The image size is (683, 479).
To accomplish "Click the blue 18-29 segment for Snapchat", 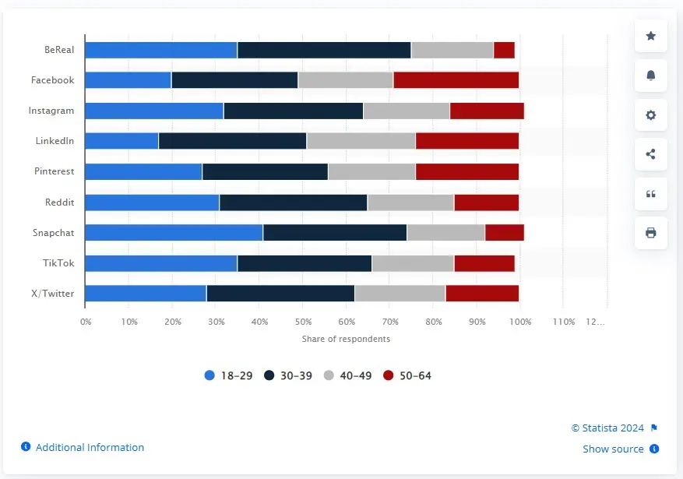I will pyautogui.click(x=174, y=232).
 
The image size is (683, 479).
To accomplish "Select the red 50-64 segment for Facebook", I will pyautogui.click(x=456, y=79).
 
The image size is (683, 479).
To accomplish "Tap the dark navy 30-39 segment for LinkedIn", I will pyautogui.click(x=232, y=140).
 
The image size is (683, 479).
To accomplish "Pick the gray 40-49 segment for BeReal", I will pyautogui.click(x=452, y=49).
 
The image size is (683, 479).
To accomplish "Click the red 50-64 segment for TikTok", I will pyautogui.click(x=484, y=262).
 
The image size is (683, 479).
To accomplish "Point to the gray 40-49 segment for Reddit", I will pyautogui.click(x=410, y=202).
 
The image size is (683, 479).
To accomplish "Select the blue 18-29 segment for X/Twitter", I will pyautogui.click(x=146, y=293).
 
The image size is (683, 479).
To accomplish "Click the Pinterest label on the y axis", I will pyautogui.click(x=54, y=171).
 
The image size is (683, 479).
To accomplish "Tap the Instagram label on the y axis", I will pyautogui.click(x=51, y=111).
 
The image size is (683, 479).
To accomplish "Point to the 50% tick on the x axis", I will pyautogui.click(x=303, y=322).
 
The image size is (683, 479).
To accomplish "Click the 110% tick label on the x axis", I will pyautogui.click(x=564, y=322).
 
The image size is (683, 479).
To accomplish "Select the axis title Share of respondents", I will pyautogui.click(x=346, y=339).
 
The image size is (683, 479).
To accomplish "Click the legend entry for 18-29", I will pyautogui.click(x=228, y=375).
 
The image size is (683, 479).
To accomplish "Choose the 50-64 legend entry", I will pyautogui.click(x=407, y=375).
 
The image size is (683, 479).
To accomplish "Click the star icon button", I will pyautogui.click(x=651, y=36).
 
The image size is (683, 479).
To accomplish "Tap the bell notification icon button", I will pyautogui.click(x=651, y=75).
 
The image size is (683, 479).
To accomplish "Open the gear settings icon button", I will pyautogui.click(x=651, y=114).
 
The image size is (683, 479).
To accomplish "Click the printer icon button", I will pyautogui.click(x=651, y=232).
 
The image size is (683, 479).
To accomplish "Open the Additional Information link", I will pyautogui.click(x=89, y=447).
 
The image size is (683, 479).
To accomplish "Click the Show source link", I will pyautogui.click(x=613, y=449).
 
